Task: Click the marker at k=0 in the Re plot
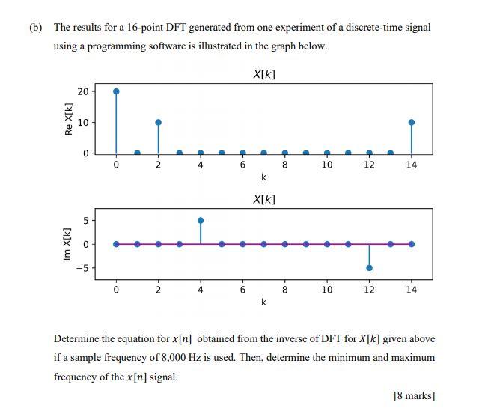116,91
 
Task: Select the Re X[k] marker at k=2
158,122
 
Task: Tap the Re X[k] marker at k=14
412,122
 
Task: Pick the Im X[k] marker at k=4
201,220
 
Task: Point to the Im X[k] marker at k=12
370,267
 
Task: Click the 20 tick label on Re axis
83,91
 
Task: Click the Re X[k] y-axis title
69,119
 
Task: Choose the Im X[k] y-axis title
69,244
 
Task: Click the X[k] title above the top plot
264,74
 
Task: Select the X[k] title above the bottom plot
264,199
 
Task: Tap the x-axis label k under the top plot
263,178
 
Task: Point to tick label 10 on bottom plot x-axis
327,290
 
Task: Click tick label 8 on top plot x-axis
285,165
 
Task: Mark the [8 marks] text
414,396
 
